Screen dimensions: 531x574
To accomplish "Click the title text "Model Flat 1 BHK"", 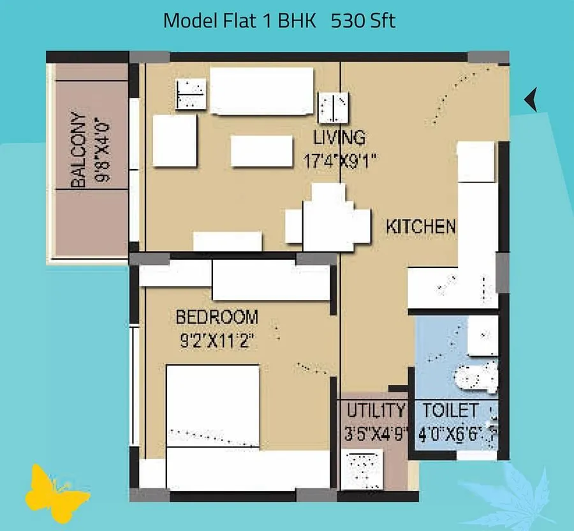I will pyautogui.click(x=240, y=20).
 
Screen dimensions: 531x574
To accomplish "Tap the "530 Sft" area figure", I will pyautogui.click(x=363, y=20).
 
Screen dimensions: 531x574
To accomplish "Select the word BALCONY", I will pyautogui.click(x=78, y=151).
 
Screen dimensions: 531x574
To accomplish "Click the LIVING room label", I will pyautogui.click(x=339, y=137).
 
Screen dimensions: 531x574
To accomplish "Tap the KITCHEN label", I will pyautogui.click(x=421, y=226).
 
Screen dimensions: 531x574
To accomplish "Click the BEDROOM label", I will pyautogui.click(x=217, y=317).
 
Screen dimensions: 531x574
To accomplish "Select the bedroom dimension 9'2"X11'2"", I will pyautogui.click(x=217, y=341).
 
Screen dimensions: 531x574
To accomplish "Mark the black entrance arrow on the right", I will pyautogui.click(x=531, y=100).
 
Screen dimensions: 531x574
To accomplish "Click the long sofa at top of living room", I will pyautogui.click(x=261, y=91).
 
